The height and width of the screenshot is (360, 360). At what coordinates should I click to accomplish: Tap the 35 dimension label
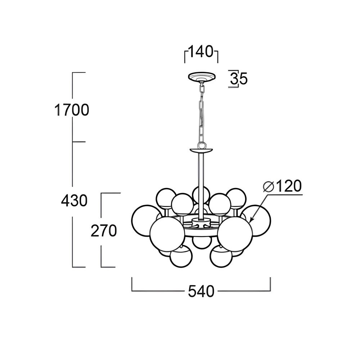tap(239, 78)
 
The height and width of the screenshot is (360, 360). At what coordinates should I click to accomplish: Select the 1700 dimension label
tap(72, 110)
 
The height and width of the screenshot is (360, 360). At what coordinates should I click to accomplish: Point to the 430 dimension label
tap(74, 201)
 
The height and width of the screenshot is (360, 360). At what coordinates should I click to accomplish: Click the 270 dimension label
tap(104, 231)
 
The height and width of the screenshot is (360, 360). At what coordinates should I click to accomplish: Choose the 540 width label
tap(201, 291)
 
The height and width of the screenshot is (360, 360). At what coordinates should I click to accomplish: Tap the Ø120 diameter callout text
tap(282, 186)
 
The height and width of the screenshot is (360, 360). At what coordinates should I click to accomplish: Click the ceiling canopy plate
tap(202, 77)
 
